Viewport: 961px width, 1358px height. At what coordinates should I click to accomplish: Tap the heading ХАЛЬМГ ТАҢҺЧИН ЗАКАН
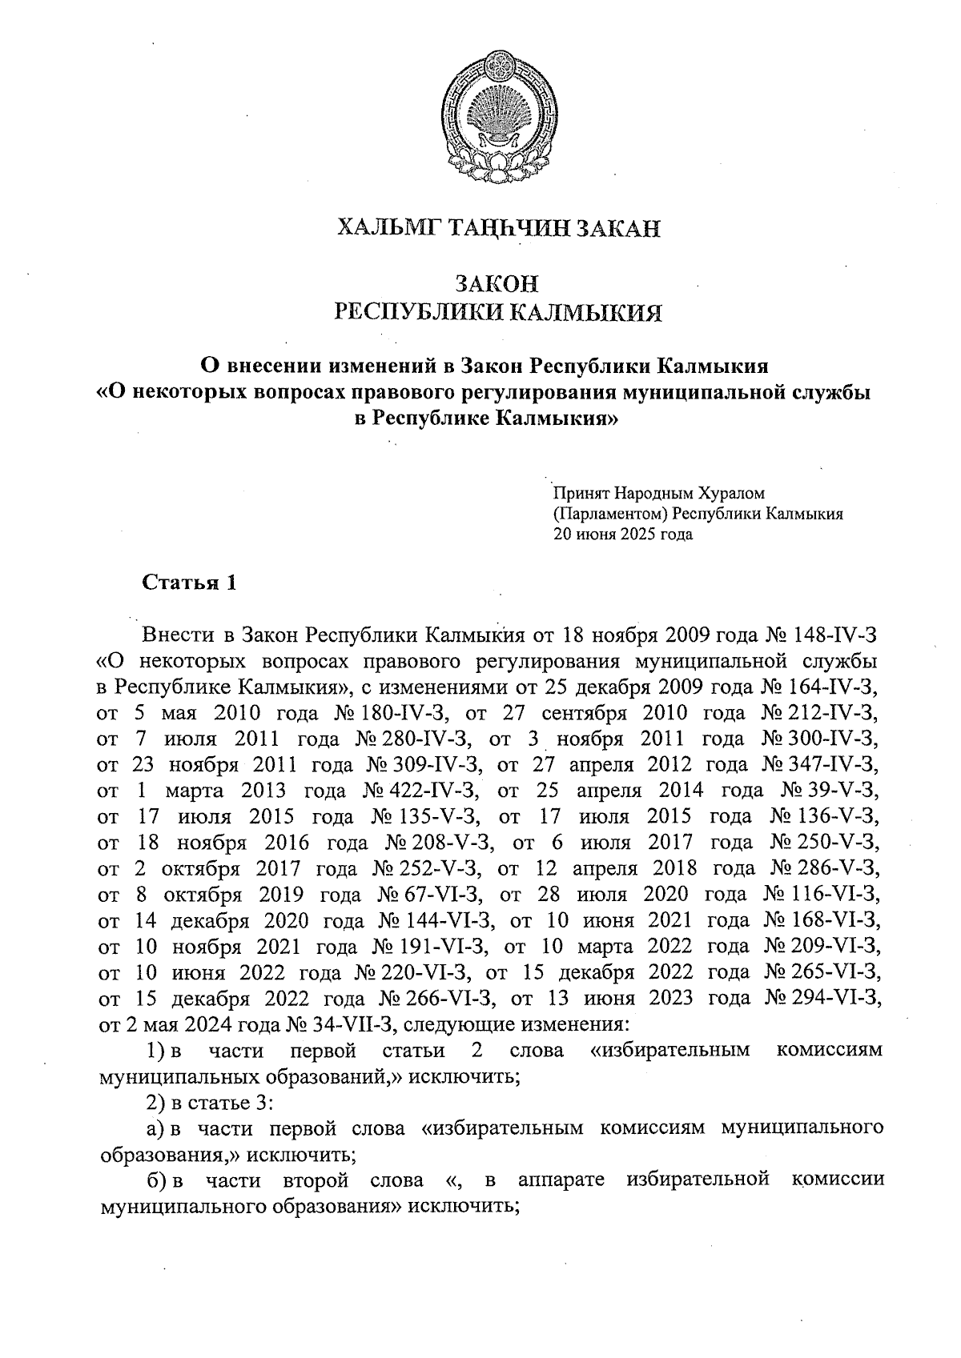497,229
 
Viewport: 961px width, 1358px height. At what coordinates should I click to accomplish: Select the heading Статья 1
189,583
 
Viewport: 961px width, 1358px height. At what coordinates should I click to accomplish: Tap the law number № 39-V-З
831,791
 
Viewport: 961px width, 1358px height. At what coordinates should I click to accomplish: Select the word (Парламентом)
610,515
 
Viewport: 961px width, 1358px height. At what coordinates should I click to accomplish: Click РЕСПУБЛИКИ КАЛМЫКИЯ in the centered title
497,312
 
